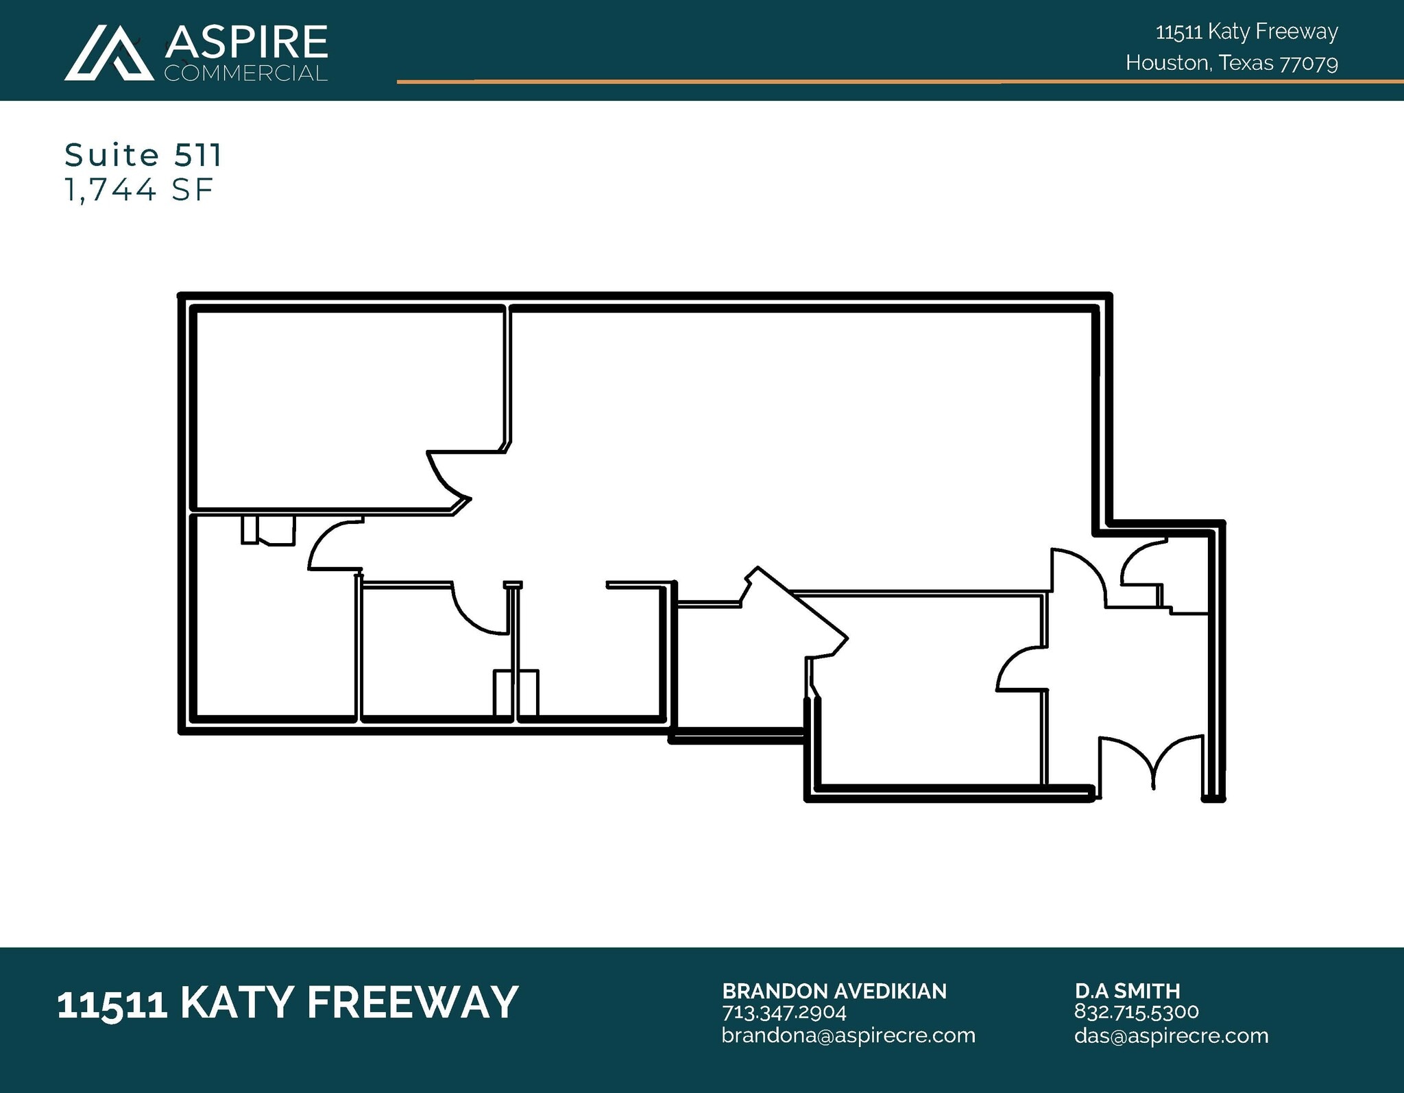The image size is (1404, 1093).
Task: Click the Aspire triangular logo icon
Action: point(110,53)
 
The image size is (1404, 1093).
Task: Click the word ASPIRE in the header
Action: point(247,43)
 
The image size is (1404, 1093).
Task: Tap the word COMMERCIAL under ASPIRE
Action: point(246,73)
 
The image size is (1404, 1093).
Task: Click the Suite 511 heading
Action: point(143,155)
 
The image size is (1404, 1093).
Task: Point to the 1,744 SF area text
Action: point(138,190)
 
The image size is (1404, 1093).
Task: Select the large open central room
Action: point(788,446)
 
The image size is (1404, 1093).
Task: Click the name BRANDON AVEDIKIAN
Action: point(834,991)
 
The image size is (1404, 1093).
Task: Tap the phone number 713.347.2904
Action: point(784,1012)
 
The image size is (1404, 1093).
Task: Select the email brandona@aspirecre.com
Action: point(848,1035)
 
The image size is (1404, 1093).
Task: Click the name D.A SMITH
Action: point(1127,991)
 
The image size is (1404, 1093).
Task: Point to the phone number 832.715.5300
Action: point(1137,1012)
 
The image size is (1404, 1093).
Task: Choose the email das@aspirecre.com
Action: point(1171,1035)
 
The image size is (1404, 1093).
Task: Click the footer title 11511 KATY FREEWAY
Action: point(287,1002)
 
